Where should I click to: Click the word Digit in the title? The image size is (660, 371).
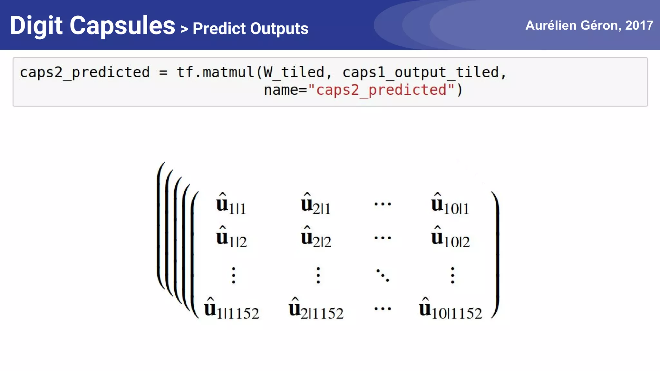tap(36, 26)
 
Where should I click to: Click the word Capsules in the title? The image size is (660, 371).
tap(122, 26)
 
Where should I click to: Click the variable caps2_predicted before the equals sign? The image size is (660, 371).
tap(85, 72)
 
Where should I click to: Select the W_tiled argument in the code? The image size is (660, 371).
tap(294, 72)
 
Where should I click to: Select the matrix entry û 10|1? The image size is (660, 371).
tap(450, 204)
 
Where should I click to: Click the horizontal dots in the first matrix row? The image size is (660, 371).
tap(383, 204)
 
